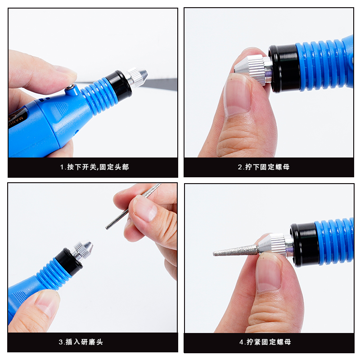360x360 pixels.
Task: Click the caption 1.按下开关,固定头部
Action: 94,167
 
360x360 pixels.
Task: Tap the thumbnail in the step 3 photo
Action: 48,303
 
